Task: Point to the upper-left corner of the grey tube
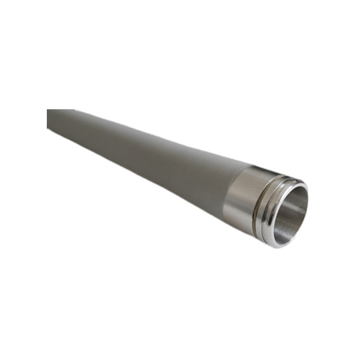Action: pos(48,110)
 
